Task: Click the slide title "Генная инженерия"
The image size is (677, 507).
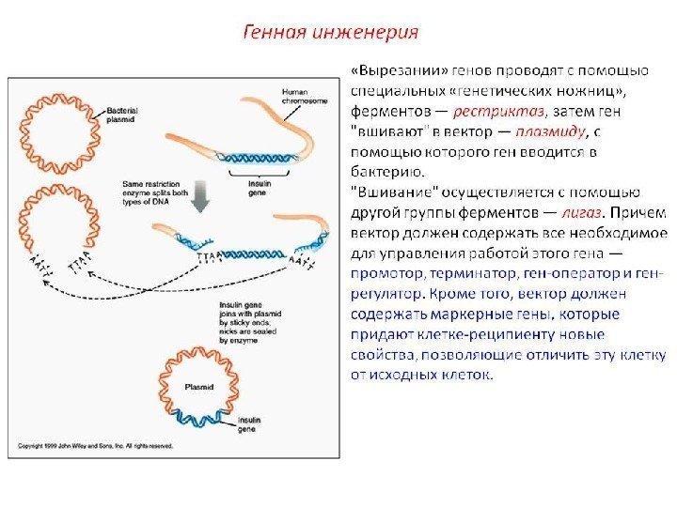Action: point(331,32)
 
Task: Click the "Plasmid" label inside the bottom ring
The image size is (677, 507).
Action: point(199,386)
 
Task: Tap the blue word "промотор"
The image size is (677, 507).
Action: point(386,273)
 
